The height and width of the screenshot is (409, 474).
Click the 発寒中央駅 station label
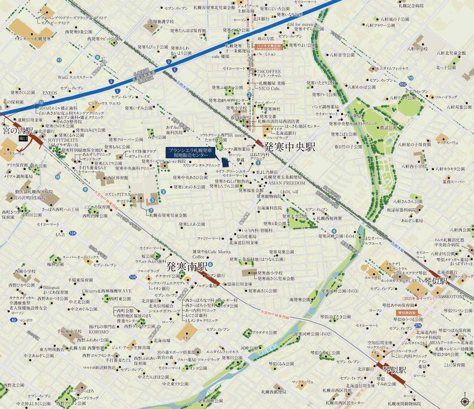290,147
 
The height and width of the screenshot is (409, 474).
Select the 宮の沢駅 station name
18,131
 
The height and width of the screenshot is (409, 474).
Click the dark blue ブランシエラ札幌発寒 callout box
190,152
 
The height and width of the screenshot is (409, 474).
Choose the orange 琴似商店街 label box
406,312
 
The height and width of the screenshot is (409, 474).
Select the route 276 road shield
418,325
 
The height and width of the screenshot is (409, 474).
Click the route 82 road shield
14,320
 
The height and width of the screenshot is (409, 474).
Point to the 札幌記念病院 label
411,6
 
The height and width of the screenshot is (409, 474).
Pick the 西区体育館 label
117,178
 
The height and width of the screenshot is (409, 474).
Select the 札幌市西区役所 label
337,390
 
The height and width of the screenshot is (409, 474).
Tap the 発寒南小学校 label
276,273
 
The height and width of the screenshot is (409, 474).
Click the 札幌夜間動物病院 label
404,403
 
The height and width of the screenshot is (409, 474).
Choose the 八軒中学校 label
417,49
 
